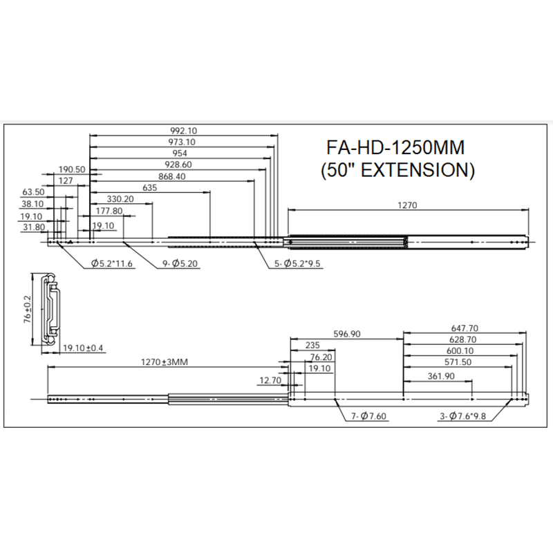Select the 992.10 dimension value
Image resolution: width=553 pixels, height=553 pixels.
click(184, 130)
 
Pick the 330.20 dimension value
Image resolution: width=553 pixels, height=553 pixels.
click(122, 199)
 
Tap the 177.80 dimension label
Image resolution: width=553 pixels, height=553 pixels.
click(109, 211)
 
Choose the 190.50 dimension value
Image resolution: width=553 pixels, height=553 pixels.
click(71, 169)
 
